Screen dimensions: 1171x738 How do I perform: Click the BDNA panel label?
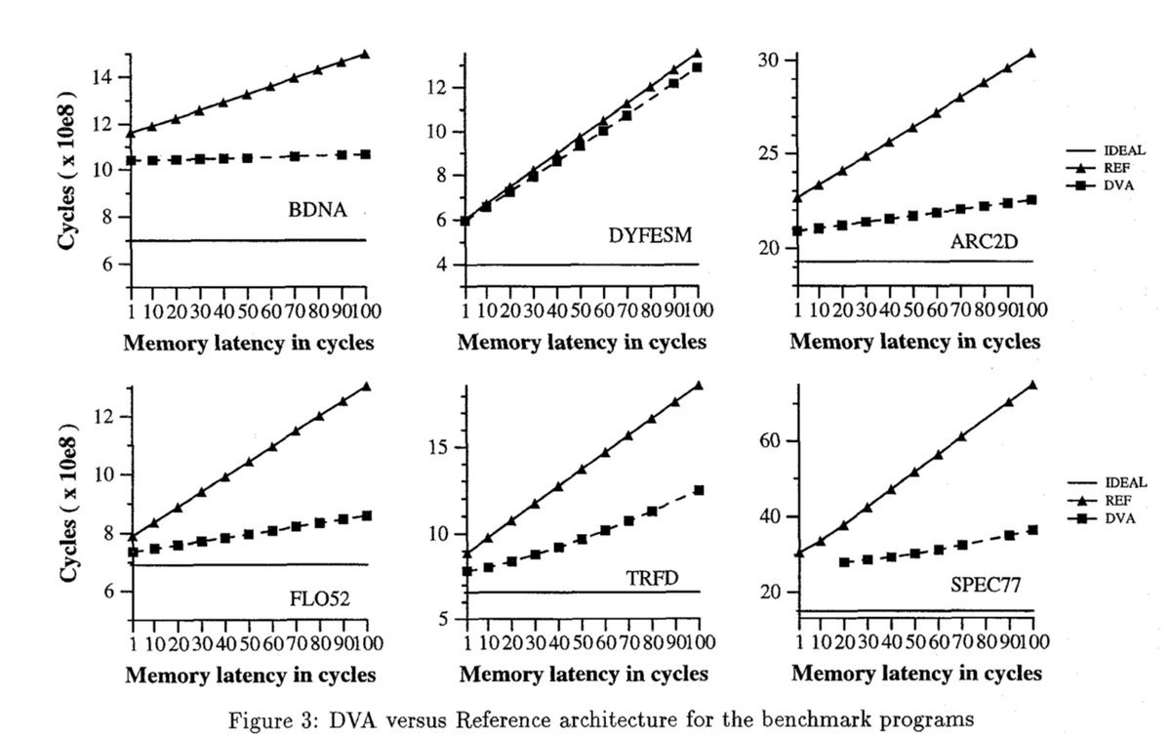pyautogui.click(x=317, y=210)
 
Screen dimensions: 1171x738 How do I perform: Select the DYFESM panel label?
pyautogui.click(x=650, y=235)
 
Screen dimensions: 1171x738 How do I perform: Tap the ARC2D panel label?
pyautogui.click(x=984, y=242)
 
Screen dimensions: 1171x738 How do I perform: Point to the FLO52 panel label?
pyautogui.click(x=319, y=598)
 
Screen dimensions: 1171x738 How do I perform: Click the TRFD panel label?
pyautogui.click(x=652, y=578)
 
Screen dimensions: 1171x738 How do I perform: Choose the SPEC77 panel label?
pyautogui.click(x=985, y=584)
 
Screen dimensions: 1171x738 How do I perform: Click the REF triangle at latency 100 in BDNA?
pyautogui.click(x=365, y=54)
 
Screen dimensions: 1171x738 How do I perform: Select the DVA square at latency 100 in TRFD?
pyautogui.click(x=699, y=490)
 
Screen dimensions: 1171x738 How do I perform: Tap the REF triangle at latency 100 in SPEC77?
pyautogui.click(x=1032, y=385)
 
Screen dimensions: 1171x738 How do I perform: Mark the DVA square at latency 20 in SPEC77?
pyautogui.click(x=844, y=562)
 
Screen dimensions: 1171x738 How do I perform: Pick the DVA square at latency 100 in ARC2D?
pyautogui.click(x=1031, y=200)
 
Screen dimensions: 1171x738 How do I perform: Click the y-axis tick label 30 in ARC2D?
pyautogui.click(x=769, y=61)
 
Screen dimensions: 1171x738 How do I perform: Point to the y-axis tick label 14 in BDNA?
pyautogui.click(x=103, y=78)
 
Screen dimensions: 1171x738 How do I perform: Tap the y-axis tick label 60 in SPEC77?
pyautogui.click(x=770, y=441)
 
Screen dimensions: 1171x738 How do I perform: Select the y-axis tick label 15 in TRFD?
pyautogui.click(x=438, y=448)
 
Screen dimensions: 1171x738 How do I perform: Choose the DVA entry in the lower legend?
pyautogui.click(x=1120, y=518)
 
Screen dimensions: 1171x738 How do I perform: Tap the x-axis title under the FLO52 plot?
pyautogui.click(x=251, y=675)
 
